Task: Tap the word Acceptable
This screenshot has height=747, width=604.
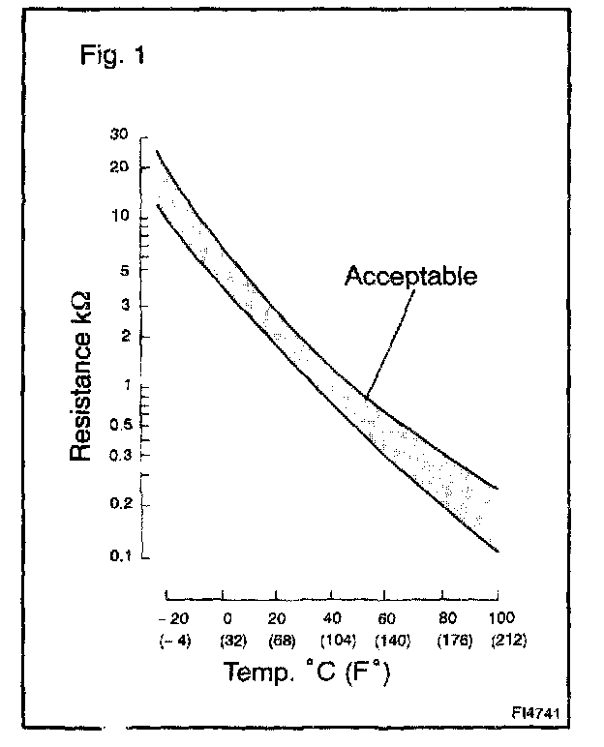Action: coord(410,277)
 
